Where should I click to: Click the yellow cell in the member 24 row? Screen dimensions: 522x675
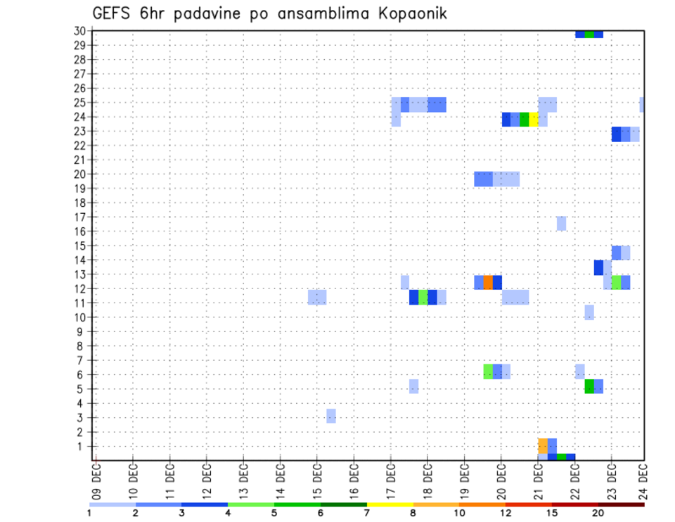[534, 120]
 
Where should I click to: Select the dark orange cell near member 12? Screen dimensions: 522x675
[488, 282]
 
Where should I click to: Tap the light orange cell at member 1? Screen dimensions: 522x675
[543, 445]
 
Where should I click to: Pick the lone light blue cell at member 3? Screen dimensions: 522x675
[331, 416]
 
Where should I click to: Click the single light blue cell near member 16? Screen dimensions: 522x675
[561, 223]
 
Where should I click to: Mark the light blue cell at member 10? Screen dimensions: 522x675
[589, 312]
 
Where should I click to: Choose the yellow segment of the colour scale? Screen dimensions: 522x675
[390, 504]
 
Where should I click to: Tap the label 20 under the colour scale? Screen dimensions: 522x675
[598, 513]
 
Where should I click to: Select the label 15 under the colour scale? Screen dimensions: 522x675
[552, 513]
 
